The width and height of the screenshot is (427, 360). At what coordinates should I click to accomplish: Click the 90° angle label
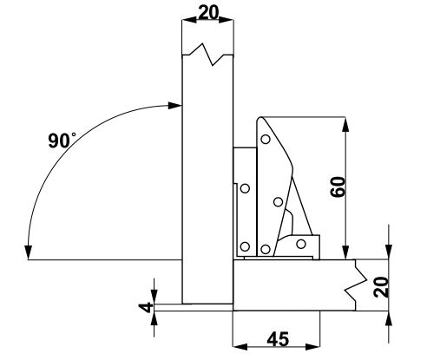pos(62,141)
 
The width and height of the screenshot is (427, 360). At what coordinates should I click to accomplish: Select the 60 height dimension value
pos(338,187)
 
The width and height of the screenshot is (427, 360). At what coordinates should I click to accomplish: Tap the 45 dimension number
pos(278,339)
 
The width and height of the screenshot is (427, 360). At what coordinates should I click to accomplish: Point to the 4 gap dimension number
pos(148,308)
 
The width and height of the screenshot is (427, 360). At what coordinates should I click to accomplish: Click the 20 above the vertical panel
pos(208,13)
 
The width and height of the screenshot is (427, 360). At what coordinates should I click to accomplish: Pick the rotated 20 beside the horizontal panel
pos(381,287)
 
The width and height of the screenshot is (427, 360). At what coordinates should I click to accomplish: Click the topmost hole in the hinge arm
pos(266,139)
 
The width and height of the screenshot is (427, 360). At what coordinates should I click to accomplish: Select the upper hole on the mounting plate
pos(245,188)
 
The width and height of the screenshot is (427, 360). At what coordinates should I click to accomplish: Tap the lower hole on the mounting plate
pos(245,247)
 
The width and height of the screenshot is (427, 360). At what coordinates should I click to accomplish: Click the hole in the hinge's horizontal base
pos(301,244)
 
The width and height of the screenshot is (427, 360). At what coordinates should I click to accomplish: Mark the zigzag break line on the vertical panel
pos(207,55)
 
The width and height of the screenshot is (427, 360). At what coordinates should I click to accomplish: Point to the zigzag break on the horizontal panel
pos(356,285)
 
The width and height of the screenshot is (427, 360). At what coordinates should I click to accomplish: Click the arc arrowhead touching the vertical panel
pos(175,106)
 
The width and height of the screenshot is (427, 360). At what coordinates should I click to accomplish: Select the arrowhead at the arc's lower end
pos(28,252)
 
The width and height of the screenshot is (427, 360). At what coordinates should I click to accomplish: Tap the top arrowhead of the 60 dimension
pos(345,124)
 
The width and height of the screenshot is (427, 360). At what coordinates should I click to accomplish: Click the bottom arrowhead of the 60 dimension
pos(345,252)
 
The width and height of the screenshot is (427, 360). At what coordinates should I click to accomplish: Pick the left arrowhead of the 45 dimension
pos(240,346)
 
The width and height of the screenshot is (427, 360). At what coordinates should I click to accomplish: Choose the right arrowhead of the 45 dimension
pos(312,346)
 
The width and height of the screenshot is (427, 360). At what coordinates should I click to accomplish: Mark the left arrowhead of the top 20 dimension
pos(189,20)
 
